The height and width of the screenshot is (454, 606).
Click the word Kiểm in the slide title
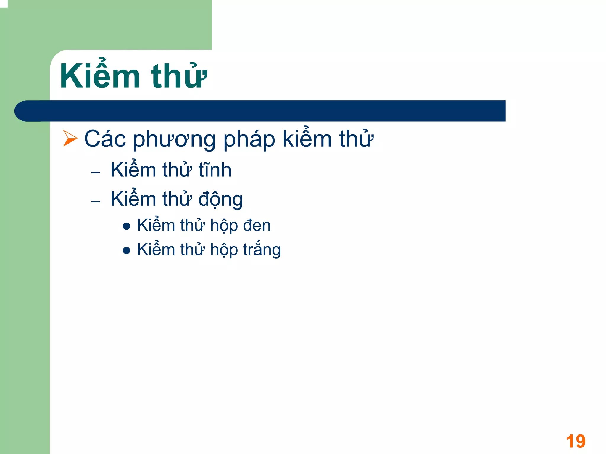(100, 76)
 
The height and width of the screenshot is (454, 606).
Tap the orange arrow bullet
(70, 139)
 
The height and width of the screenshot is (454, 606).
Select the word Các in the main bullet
(105, 139)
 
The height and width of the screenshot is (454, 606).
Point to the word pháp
(249, 139)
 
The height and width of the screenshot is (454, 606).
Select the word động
(220, 199)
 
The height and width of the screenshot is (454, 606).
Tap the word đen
(257, 226)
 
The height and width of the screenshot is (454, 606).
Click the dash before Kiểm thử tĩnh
(96, 173)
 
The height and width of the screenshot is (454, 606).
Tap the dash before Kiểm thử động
(96, 202)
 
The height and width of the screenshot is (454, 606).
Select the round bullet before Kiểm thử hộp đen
(127, 227)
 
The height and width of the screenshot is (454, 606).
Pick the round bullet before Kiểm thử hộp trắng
(127, 251)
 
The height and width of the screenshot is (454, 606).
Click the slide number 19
(576, 442)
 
